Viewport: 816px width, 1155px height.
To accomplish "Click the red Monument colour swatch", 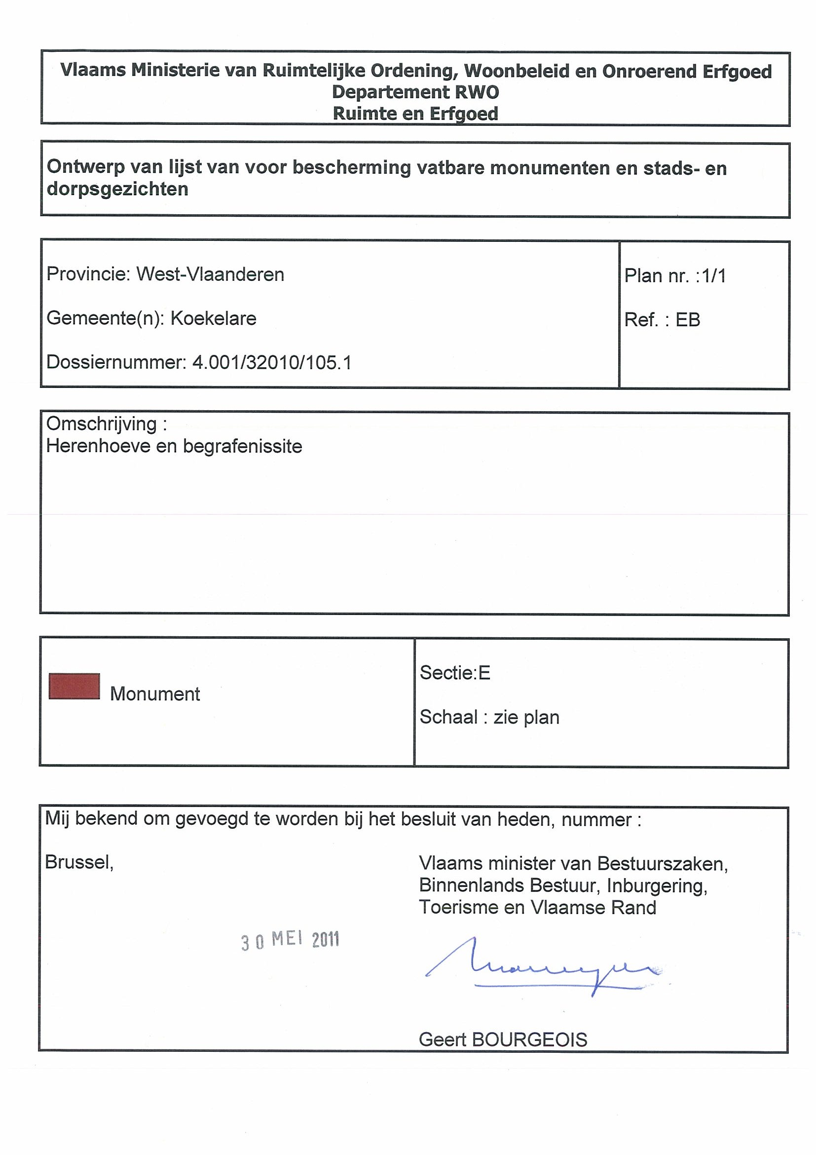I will (x=74, y=686).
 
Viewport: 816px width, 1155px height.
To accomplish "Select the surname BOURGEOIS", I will (x=529, y=1039).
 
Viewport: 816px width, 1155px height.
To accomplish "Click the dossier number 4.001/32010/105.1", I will (x=272, y=362).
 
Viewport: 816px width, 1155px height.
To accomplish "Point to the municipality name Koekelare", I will (x=213, y=318).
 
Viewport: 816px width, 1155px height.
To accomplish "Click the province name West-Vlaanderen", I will (x=210, y=274).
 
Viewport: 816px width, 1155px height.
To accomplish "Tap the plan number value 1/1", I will (x=714, y=276).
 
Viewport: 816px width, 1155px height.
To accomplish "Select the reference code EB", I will (x=688, y=320).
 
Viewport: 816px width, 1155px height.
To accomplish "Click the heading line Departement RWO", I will (x=415, y=92).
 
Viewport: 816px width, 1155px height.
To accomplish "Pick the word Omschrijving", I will (x=102, y=424).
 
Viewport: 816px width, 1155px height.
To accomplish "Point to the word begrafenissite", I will (x=242, y=447).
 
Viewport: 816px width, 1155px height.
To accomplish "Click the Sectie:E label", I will (x=455, y=673).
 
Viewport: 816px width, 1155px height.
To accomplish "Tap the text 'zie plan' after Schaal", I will (x=526, y=717).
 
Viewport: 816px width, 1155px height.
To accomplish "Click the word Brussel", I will (x=79, y=862).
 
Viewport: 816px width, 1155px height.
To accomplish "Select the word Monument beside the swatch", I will (x=155, y=694).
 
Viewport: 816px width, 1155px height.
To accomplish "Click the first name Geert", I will (x=442, y=1039).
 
